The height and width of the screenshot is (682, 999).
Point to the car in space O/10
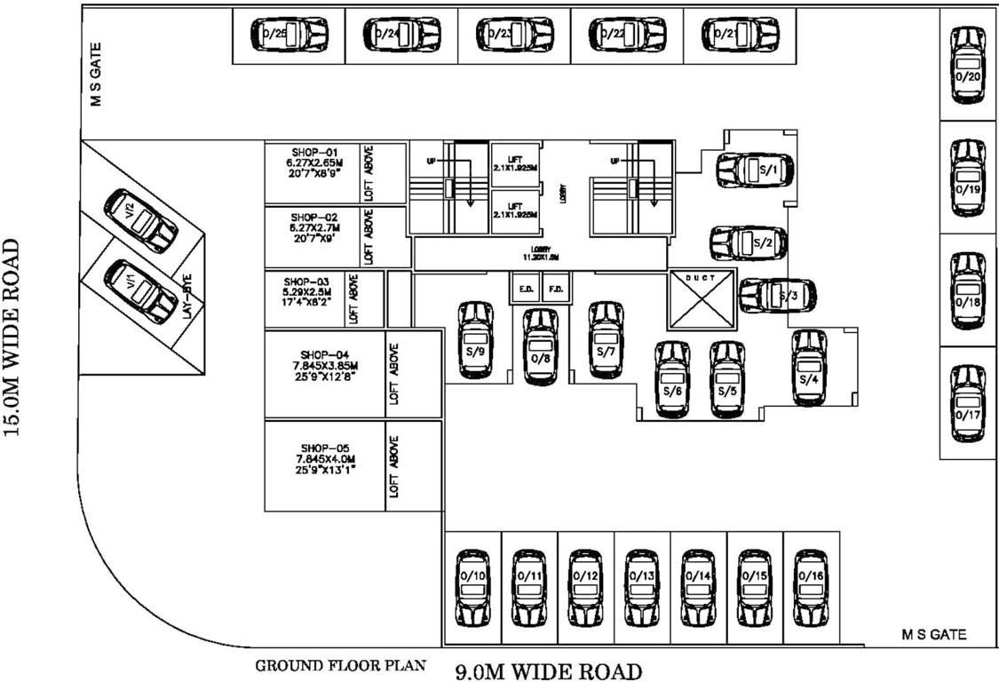tap(472, 587)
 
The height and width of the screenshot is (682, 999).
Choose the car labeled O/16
tap(812, 587)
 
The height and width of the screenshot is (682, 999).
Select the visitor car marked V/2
tap(139, 218)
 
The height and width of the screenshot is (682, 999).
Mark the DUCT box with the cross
tap(702, 298)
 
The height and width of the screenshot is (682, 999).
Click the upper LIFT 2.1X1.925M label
tap(516, 163)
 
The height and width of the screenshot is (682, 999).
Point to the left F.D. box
tap(525, 289)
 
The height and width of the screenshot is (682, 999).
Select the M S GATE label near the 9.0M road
tap(934, 635)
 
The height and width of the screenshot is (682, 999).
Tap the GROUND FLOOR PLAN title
tap(341, 665)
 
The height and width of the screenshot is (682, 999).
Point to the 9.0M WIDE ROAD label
tap(548, 670)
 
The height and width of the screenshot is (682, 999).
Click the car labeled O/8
tap(541, 346)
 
